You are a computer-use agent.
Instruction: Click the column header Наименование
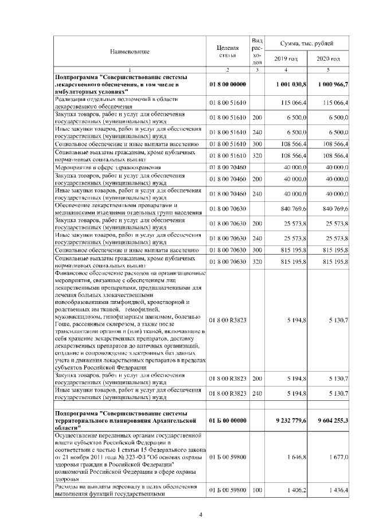(x=130, y=52)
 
